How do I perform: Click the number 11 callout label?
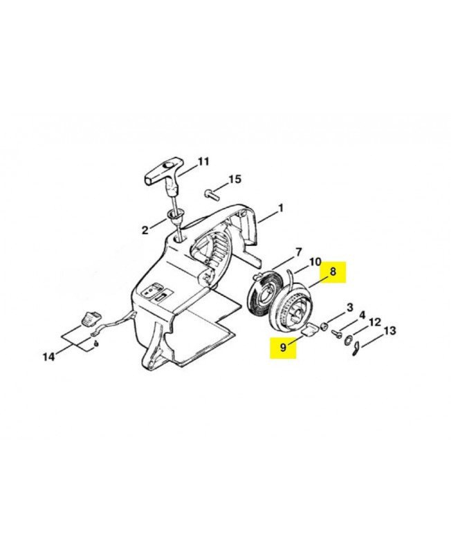pyautogui.click(x=203, y=162)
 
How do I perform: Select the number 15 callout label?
pyautogui.click(x=234, y=179)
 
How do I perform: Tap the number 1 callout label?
pyautogui.click(x=281, y=209)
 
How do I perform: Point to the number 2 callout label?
pyautogui.click(x=145, y=230)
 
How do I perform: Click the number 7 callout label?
pyautogui.click(x=298, y=252)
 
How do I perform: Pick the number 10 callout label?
pyautogui.click(x=315, y=262)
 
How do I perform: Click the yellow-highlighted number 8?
pyautogui.click(x=333, y=272)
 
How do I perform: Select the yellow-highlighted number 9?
pyautogui.click(x=283, y=348)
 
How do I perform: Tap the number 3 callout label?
pyautogui.click(x=349, y=308)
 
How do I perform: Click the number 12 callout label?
pyautogui.click(x=374, y=322)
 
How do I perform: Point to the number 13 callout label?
pyautogui.click(x=389, y=331)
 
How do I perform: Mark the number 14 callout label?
pyautogui.click(x=49, y=357)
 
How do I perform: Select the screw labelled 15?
pyautogui.click(x=210, y=194)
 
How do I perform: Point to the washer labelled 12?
pyautogui.click(x=348, y=340)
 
